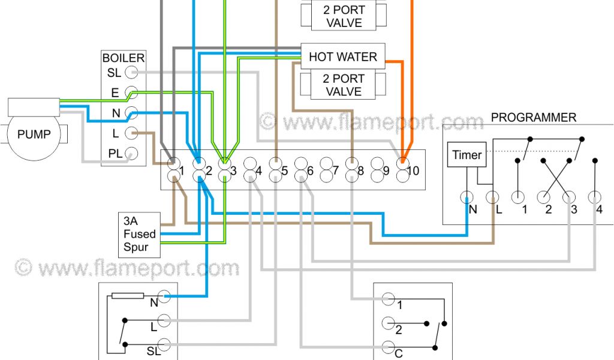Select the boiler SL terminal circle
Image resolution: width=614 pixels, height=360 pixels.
(132, 73)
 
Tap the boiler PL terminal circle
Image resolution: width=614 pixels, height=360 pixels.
(132, 154)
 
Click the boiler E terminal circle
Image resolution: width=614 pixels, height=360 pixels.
(132, 93)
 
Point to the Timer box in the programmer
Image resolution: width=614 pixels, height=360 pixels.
(466, 155)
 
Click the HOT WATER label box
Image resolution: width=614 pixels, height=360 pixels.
(342, 57)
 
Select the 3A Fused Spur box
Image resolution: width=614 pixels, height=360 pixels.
(140, 233)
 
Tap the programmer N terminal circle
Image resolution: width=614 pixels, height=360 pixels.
(466, 197)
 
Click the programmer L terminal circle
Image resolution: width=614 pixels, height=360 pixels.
(492, 197)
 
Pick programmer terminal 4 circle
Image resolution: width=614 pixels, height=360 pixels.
(595, 197)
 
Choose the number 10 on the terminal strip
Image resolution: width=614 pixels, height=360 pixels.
(413, 171)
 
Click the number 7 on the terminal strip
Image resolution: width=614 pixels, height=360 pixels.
(335, 171)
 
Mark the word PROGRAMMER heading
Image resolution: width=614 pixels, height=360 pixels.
(533, 118)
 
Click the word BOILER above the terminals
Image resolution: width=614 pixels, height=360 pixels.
(124, 58)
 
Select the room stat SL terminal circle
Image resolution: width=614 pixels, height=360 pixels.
(165, 346)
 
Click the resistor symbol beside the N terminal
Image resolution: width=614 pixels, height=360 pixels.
(128, 295)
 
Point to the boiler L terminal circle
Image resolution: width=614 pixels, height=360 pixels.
(132, 133)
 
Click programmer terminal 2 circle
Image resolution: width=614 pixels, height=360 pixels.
(544, 197)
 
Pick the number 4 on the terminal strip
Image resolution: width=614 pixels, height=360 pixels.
(258, 171)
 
